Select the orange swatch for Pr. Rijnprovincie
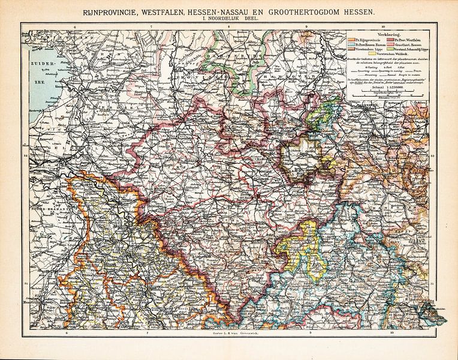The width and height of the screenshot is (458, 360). (351, 40)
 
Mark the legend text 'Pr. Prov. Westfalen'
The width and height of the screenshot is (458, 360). (414, 40)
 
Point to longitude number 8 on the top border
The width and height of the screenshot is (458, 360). (228, 27)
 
